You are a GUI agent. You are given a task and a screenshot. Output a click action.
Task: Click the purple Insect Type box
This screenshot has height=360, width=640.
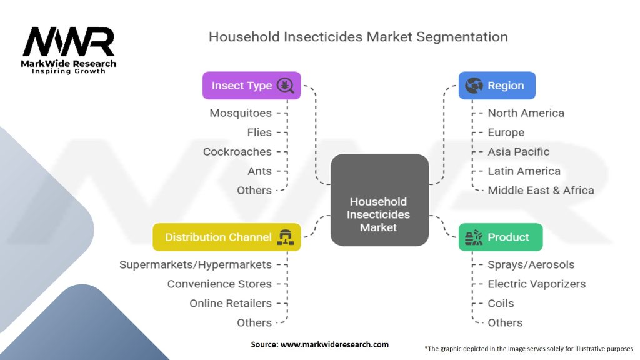251,86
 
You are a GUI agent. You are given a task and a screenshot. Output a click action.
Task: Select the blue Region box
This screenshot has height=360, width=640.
497,86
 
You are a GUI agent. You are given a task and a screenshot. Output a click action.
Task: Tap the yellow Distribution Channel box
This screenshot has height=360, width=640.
227,237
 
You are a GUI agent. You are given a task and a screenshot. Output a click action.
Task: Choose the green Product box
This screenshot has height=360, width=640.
500,237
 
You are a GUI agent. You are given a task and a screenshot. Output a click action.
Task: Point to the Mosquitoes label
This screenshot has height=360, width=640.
241,113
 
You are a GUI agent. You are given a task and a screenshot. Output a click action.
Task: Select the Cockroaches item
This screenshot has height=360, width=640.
237,152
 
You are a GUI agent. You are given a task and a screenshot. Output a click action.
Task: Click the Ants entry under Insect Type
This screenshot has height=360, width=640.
259,171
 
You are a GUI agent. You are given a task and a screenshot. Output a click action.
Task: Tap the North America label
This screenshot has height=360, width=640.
526,113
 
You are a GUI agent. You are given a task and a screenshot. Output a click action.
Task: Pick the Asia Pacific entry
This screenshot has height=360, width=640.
519,152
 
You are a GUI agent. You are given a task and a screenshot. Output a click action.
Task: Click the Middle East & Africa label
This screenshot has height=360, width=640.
541,191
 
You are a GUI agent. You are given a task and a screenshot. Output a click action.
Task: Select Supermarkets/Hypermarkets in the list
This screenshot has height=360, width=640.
196,265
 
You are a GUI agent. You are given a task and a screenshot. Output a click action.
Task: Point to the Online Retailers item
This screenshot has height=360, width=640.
231,304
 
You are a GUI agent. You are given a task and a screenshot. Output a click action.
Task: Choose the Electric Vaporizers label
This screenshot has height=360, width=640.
536,284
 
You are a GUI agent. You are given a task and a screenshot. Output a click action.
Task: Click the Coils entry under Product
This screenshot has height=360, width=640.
501,304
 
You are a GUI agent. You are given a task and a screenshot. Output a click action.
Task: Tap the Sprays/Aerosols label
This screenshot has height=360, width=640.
531,265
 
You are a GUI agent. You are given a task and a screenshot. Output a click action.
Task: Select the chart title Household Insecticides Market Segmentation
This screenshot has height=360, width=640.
358,37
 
